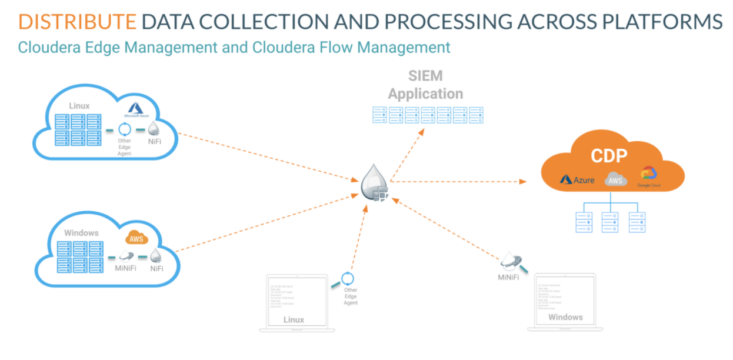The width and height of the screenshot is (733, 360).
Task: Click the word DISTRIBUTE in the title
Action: coord(77,21)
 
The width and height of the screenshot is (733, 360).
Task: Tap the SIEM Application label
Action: coord(425,85)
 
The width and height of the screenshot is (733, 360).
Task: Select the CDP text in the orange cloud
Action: coord(609,156)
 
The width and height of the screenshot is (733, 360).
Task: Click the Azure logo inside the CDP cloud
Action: coord(577,179)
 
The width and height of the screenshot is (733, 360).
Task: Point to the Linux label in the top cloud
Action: coord(79,106)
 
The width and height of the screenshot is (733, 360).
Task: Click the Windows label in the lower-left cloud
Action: coord(82,233)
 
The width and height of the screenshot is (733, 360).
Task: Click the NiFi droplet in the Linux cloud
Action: coord(154,129)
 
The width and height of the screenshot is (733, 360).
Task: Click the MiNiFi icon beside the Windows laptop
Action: coord(509,261)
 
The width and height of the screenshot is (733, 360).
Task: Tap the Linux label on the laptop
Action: coord(294,319)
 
